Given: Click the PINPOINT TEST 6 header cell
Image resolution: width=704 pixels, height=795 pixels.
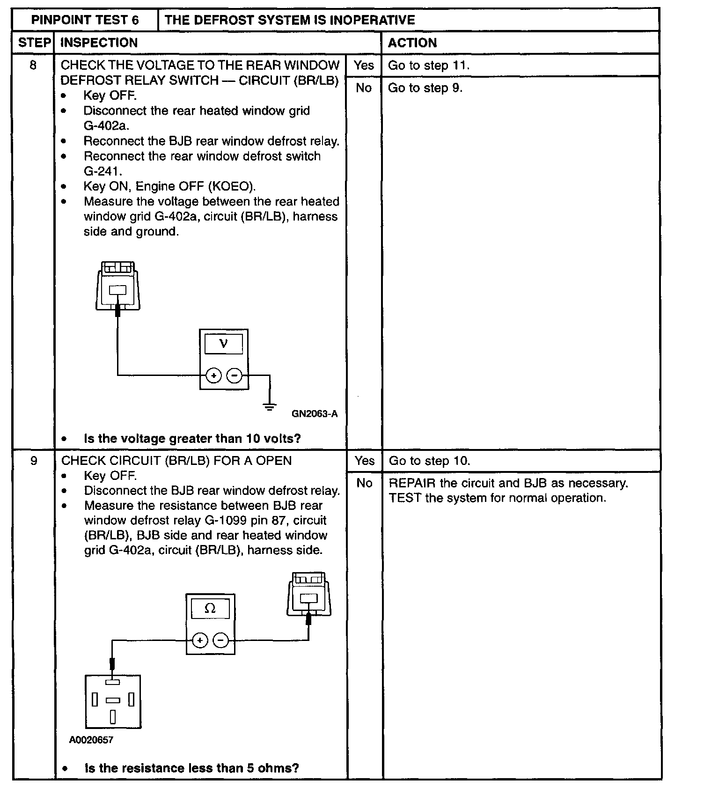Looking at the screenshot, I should (x=85, y=20).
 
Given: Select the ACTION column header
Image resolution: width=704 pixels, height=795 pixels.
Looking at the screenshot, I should (x=412, y=43).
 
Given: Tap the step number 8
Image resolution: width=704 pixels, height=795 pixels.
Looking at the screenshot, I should (x=33, y=65).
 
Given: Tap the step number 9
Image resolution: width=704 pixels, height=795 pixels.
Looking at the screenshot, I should (x=33, y=461).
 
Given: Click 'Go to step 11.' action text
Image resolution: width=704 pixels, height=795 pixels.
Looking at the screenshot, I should (x=428, y=65).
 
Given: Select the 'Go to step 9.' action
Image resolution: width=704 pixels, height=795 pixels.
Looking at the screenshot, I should (x=425, y=88).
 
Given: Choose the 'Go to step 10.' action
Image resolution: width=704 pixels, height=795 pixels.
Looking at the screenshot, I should (x=429, y=461).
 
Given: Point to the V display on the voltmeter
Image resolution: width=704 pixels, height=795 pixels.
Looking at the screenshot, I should (x=224, y=344).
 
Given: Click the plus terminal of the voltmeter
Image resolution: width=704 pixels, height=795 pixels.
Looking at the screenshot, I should (x=213, y=375).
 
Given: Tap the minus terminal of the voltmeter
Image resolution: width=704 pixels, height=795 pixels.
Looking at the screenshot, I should (x=234, y=375).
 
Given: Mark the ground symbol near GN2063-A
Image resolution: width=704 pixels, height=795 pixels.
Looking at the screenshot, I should (x=270, y=406).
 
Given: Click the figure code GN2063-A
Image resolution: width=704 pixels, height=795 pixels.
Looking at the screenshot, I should (x=315, y=414).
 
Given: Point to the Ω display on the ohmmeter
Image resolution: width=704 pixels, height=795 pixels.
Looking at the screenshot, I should (x=210, y=608).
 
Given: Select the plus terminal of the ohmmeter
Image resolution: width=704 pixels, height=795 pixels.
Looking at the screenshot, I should (x=200, y=640).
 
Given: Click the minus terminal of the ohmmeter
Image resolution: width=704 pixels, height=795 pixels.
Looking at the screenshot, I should (x=220, y=640).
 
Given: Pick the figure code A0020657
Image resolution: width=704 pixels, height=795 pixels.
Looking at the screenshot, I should (x=91, y=740).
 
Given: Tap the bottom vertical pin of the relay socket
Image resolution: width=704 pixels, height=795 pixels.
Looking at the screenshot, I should (x=113, y=717).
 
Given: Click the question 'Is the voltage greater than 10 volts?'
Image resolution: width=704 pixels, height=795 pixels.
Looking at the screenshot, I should (x=192, y=439).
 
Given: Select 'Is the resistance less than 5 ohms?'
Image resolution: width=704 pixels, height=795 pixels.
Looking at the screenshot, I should (x=191, y=768).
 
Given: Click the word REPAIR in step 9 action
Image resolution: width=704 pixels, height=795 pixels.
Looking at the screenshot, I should (x=412, y=483).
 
